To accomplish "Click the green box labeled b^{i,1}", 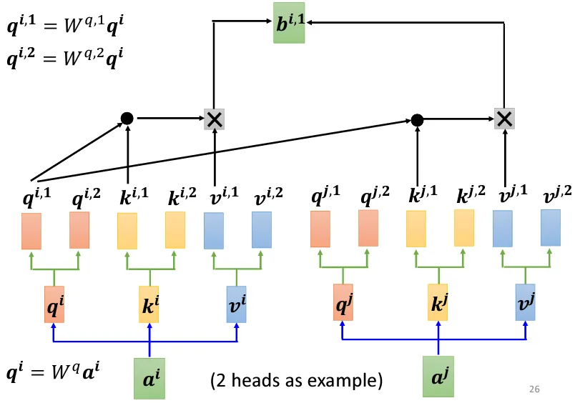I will tap(289, 22).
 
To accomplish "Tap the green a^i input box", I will tap(150, 377).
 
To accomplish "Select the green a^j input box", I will tap(439, 377).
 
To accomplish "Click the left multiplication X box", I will tap(215, 119).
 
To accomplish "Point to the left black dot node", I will tap(127, 118).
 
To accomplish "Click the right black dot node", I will tap(418, 119).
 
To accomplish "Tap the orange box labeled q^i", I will tap(54, 304).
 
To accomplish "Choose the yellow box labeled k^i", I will tap(149, 304).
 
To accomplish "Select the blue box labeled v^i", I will tap(236, 304).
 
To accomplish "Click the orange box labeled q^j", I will tap(343, 302).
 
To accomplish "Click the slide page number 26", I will tap(533, 389).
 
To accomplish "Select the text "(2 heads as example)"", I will tap(296, 380).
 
